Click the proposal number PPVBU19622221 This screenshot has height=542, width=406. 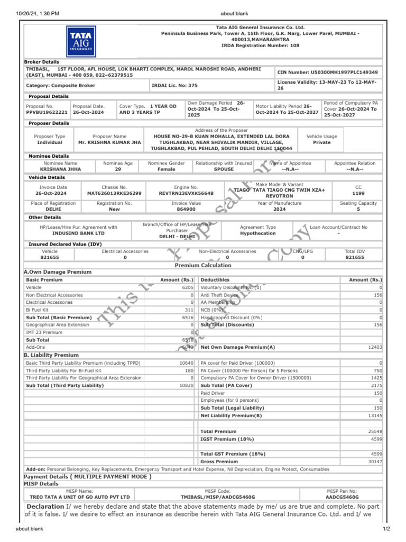point(47,112)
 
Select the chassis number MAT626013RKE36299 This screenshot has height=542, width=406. point(114,194)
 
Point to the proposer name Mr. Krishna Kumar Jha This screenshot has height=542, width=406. point(109,142)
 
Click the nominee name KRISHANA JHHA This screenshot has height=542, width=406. point(60,169)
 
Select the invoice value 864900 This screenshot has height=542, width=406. point(186,210)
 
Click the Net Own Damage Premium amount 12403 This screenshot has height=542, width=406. point(374,347)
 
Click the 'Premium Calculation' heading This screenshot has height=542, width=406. point(203,265)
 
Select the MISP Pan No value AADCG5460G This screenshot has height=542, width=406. point(342,498)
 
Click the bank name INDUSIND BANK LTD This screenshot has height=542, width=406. point(78,233)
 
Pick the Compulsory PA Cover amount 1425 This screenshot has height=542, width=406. point(376,378)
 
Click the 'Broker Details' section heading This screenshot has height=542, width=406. point(42,62)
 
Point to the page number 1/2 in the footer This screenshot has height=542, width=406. point(386,529)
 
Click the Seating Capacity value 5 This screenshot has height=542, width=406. point(358,210)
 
